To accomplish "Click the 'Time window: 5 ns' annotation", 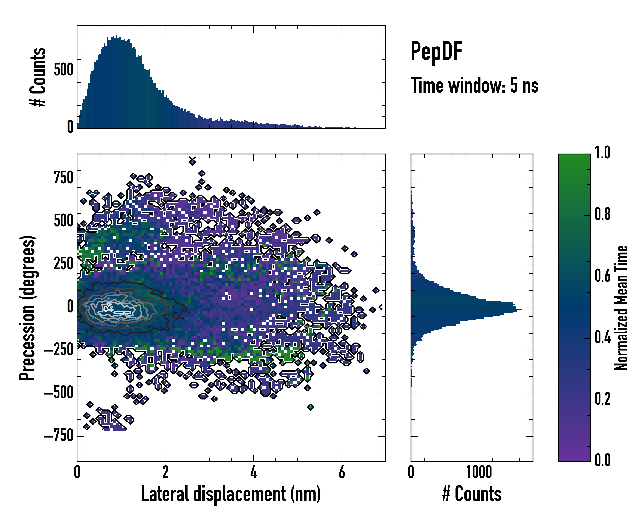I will click(474, 85).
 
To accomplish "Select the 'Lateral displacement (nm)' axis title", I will click(231, 494).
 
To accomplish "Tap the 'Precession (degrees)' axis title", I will click(27, 308).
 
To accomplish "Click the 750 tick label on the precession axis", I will click(63, 178).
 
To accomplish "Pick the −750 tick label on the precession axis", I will click(58, 436).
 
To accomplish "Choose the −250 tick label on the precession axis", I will click(58, 350).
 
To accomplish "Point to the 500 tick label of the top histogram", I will click(63, 71).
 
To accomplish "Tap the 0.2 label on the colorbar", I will click(602, 399).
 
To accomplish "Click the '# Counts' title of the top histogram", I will click(38, 77).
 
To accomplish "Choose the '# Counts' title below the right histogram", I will click(472, 494).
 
